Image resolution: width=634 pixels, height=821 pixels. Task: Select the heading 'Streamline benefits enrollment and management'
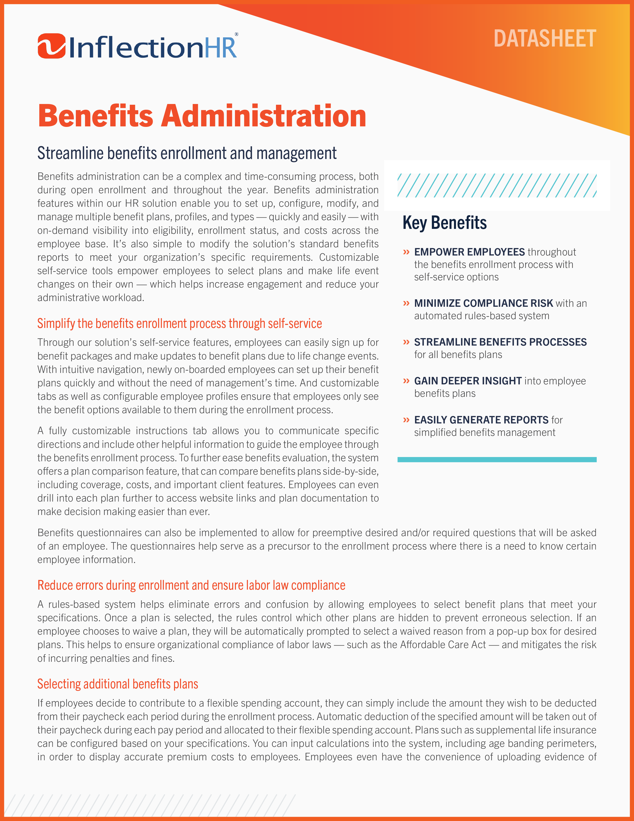pyautogui.click(x=187, y=153)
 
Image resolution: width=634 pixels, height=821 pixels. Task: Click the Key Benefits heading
pyautogui.click(x=444, y=223)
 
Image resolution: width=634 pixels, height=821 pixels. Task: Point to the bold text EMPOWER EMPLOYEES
pyautogui.click(x=469, y=252)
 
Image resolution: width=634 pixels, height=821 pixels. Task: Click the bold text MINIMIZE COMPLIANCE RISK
pyautogui.click(x=483, y=303)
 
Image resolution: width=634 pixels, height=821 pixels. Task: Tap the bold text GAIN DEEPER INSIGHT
pyautogui.click(x=468, y=381)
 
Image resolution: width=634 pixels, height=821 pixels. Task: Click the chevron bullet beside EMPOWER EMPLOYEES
pyautogui.click(x=406, y=252)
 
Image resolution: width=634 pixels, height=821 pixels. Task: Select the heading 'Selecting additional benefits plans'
pyautogui.click(x=118, y=684)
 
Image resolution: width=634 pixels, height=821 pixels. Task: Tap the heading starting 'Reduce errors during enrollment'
pyautogui.click(x=191, y=585)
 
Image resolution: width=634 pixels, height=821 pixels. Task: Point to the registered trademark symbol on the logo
pyautogui.click(x=236, y=34)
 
